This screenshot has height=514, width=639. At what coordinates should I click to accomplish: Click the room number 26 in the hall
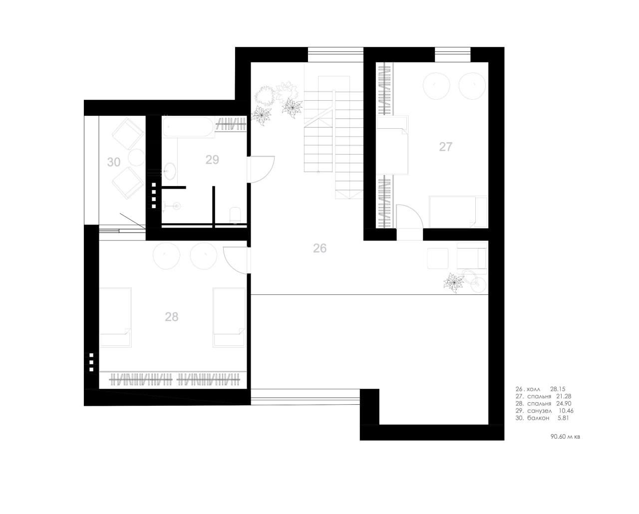tap(319, 248)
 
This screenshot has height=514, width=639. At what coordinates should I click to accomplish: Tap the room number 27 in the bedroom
tap(446, 147)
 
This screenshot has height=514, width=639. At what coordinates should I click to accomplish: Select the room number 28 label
tap(172, 317)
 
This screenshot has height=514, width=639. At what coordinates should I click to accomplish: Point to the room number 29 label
tap(212, 160)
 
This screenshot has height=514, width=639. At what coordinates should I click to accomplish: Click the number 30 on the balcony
tap(114, 162)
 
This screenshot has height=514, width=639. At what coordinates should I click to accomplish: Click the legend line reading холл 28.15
tap(540, 389)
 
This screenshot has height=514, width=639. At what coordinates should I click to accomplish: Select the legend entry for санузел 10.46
tap(544, 411)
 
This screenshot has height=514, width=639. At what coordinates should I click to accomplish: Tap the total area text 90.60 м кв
tap(565, 437)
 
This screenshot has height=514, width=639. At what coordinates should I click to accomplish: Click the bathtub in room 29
tap(188, 127)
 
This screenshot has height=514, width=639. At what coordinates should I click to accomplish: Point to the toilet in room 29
tap(236, 215)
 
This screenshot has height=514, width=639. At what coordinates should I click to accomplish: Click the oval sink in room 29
tap(170, 171)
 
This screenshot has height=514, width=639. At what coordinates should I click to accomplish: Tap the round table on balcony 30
tap(137, 157)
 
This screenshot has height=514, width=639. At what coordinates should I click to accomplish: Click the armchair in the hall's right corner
tap(472, 257)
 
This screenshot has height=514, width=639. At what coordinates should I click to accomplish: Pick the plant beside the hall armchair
tap(453, 282)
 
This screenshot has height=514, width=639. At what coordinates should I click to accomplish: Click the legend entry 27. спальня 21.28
tap(543, 396)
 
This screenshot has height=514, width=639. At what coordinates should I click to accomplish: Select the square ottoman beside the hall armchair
tap(438, 258)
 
